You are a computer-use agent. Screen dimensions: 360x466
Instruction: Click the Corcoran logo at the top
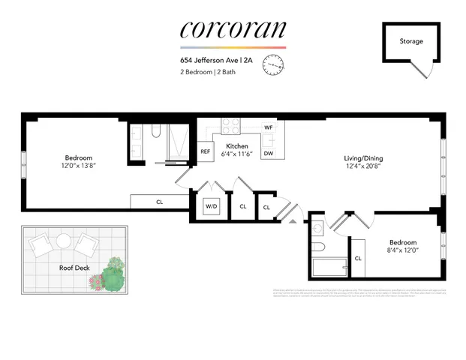[233, 29]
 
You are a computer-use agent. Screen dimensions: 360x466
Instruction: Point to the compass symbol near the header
[275, 67]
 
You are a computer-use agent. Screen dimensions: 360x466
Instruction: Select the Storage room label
[410, 41]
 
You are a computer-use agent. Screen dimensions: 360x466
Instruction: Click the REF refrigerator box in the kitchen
[205, 151]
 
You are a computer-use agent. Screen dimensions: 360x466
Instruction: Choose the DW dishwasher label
[268, 154]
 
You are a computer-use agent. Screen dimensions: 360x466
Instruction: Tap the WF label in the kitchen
[268, 127]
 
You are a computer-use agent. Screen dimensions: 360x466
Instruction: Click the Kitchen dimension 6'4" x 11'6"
[237, 154]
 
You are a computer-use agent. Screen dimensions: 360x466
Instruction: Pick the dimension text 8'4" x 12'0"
[403, 251]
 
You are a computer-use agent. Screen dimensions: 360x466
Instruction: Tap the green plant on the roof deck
[112, 278]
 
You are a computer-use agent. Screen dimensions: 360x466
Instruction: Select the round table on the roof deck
[64, 241]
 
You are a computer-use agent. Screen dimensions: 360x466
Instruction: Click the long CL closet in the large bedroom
[159, 202]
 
